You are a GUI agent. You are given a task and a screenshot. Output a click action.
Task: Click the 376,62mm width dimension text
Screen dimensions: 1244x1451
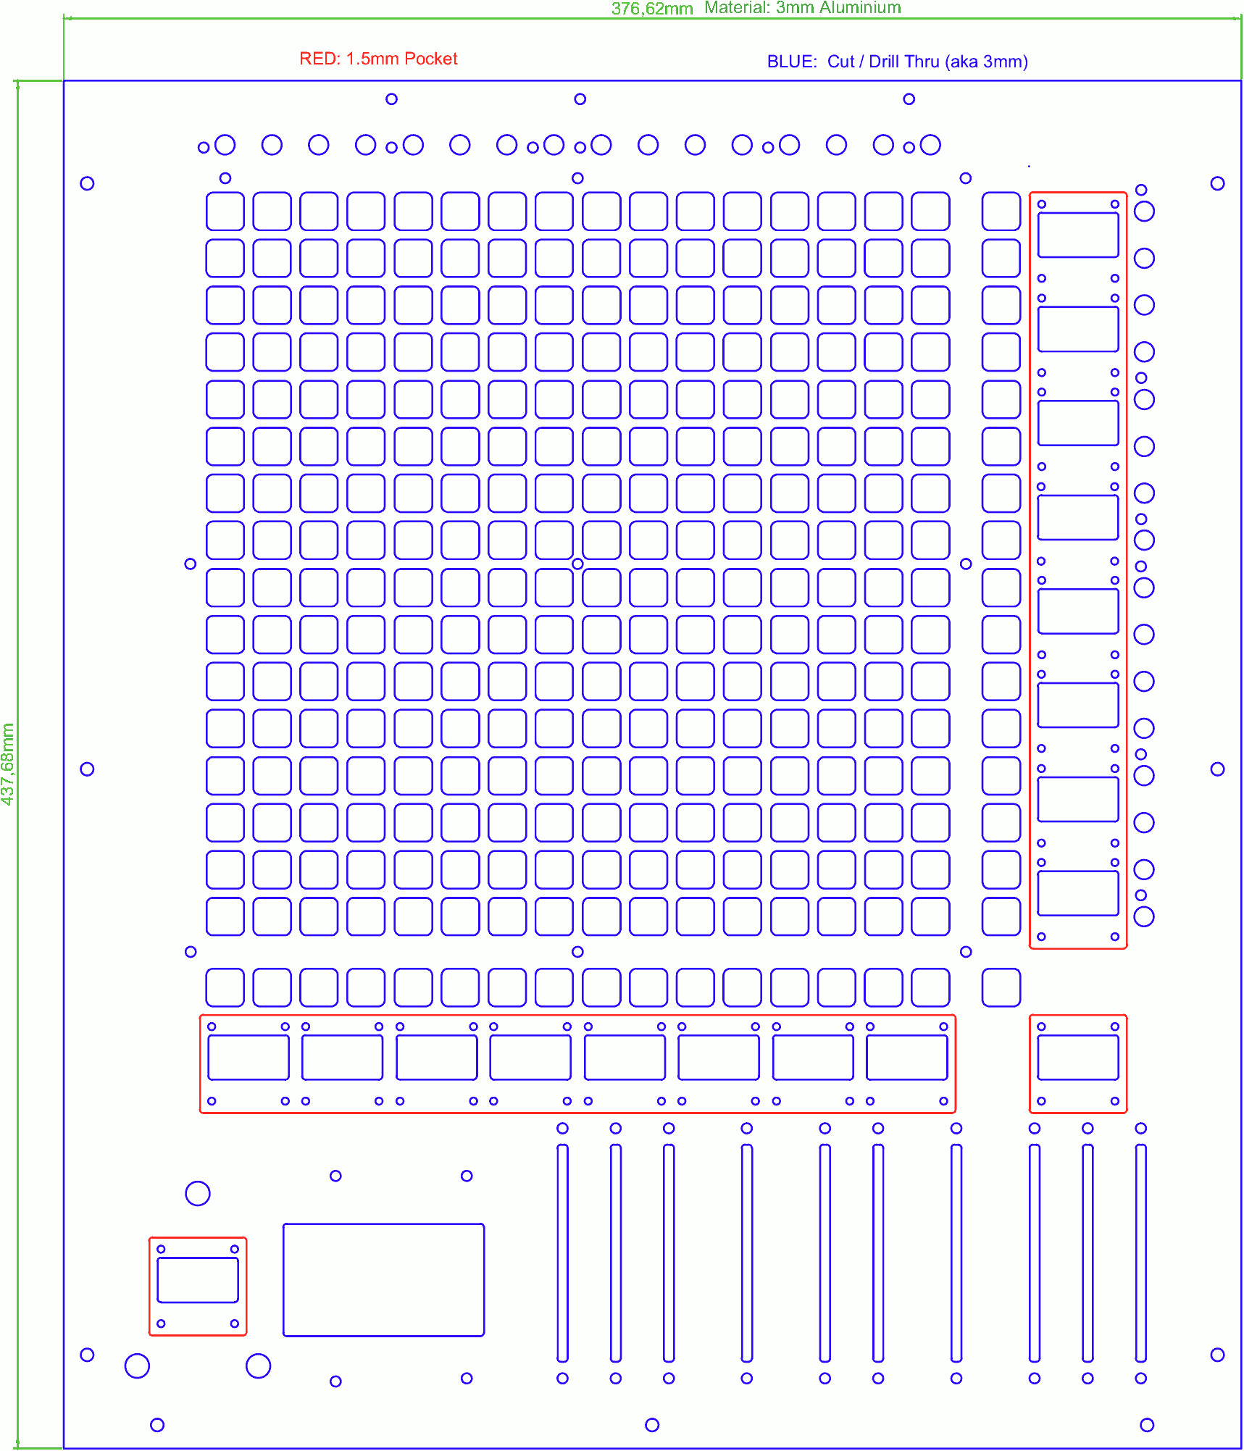652,9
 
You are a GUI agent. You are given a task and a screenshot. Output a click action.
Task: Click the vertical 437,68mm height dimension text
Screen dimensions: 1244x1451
8,764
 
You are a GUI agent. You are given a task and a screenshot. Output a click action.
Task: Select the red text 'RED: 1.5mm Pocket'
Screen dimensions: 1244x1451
378,59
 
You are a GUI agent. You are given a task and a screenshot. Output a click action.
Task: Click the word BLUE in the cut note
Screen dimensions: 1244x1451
792,62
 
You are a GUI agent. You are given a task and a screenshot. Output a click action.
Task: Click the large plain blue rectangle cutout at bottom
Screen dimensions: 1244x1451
383,1279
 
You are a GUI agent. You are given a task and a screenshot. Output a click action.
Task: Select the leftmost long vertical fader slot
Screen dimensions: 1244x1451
562,1253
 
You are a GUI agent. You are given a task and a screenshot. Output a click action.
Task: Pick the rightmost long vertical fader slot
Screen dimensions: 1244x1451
1140,1253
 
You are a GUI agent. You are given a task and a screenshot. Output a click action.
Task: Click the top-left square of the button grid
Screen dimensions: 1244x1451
225,211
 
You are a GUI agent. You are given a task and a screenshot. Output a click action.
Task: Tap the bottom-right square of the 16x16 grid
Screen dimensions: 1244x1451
930,916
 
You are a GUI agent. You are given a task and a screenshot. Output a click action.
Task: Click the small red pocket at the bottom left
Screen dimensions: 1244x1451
198,1286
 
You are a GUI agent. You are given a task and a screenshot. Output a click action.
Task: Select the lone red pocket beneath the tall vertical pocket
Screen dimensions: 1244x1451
1078,1063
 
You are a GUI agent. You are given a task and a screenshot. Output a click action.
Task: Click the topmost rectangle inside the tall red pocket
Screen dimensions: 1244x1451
1078,235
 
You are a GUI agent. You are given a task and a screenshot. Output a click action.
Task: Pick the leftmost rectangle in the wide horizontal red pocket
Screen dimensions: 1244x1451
249,1057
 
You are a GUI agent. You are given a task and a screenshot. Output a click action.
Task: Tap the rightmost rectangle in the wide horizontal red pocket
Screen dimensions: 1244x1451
907,1057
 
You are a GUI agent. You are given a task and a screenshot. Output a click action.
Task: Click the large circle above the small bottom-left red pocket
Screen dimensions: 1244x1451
198,1193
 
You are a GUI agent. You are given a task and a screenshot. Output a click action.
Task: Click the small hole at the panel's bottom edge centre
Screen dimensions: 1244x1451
652,1425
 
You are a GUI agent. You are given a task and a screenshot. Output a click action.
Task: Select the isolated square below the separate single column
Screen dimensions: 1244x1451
1001,987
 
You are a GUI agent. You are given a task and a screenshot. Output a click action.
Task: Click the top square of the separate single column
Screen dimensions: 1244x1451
1001,211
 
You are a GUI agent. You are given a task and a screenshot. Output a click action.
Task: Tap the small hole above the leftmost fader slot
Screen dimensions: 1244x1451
562,1128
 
